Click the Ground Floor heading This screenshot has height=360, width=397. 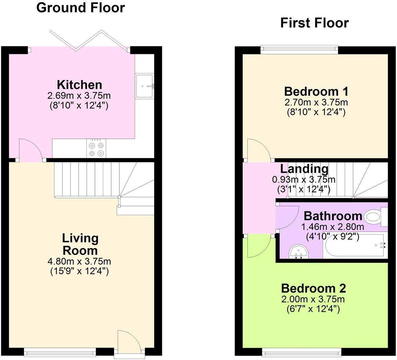(x=80, y=8)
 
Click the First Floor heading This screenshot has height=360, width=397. (x=314, y=23)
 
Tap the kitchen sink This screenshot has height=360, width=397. (x=145, y=86)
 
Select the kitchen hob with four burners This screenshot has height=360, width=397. (x=96, y=148)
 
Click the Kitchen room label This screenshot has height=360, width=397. (x=79, y=85)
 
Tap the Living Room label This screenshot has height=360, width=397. (x=80, y=244)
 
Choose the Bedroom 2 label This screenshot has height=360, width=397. (x=313, y=288)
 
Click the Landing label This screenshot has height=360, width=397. (x=304, y=169)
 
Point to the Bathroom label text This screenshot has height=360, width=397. (x=333, y=216)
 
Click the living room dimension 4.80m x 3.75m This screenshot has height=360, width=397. (x=80, y=262)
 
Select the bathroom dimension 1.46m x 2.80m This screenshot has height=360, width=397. (x=332, y=227)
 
